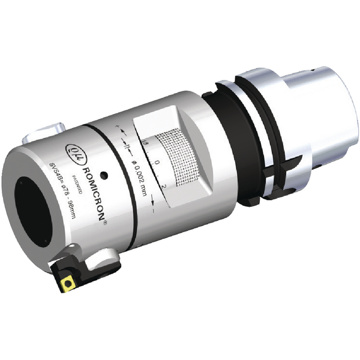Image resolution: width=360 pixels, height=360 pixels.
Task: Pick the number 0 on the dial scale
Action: point(156,163)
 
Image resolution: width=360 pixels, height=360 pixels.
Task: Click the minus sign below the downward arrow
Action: point(155,211)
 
